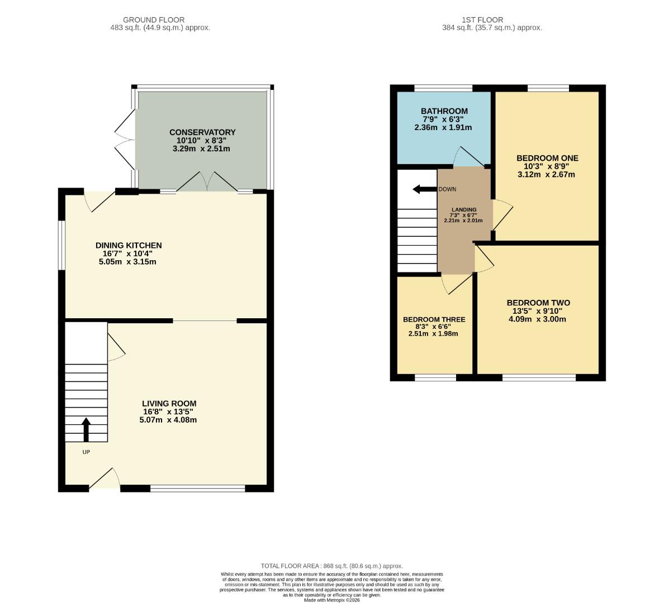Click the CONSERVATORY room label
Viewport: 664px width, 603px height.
(202, 132)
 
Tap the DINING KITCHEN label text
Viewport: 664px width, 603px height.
(129, 245)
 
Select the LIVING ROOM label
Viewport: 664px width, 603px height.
(169, 404)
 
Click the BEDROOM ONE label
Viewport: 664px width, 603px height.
(547, 158)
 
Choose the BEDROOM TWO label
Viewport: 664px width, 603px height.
(538, 303)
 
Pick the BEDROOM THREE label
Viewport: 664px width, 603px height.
(434, 320)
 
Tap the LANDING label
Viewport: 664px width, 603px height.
(464, 209)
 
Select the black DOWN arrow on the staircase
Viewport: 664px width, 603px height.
(424, 189)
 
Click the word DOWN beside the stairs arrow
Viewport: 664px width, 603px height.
(447, 189)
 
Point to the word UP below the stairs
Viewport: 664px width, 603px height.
(86, 452)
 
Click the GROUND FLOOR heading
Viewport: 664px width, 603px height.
(154, 20)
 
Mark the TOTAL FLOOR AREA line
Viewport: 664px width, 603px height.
(331, 566)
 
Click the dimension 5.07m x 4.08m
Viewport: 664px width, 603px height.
(169, 420)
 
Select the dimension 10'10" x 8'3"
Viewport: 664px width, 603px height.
(202, 141)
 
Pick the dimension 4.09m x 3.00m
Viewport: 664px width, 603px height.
(538, 319)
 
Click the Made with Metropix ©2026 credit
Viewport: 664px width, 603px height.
(332, 600)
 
